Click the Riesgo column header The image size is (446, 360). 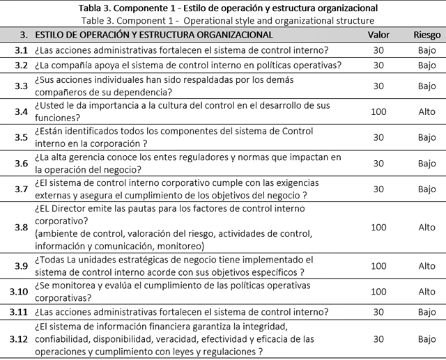tap(426, 34)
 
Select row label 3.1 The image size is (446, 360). tap(22, 50)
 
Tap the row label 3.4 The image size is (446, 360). tap(22, 111)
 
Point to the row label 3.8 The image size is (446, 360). tap(22, 227)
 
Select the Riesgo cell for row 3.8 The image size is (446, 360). tap(426, 227)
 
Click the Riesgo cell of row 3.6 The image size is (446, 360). tap(426, 163)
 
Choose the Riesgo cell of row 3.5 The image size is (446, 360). tap(426, 137)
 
